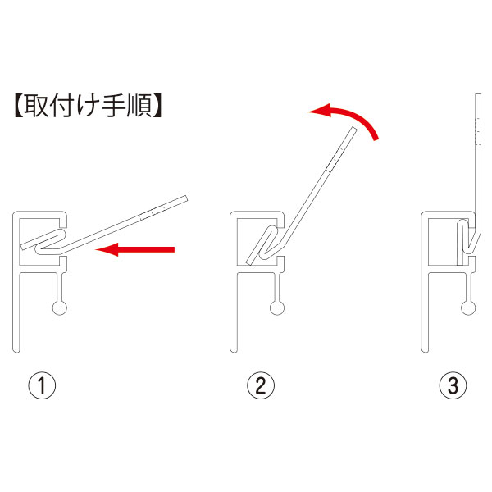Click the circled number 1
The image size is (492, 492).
(42, 385)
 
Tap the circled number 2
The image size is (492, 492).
(261, 385)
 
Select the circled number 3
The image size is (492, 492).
(453, 385)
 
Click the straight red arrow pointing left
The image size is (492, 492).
(135, 249)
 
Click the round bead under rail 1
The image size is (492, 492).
(60, 307)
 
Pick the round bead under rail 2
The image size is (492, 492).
(277, 307)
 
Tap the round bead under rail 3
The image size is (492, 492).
(468, 307)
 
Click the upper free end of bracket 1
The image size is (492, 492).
(185, 198)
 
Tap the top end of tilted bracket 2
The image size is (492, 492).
(354, 129)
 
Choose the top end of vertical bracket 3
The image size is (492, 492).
(477, 94)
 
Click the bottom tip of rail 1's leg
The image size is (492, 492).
(16, 352)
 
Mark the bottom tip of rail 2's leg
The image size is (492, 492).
(234, 352)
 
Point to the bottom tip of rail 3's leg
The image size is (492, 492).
(425, 352)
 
